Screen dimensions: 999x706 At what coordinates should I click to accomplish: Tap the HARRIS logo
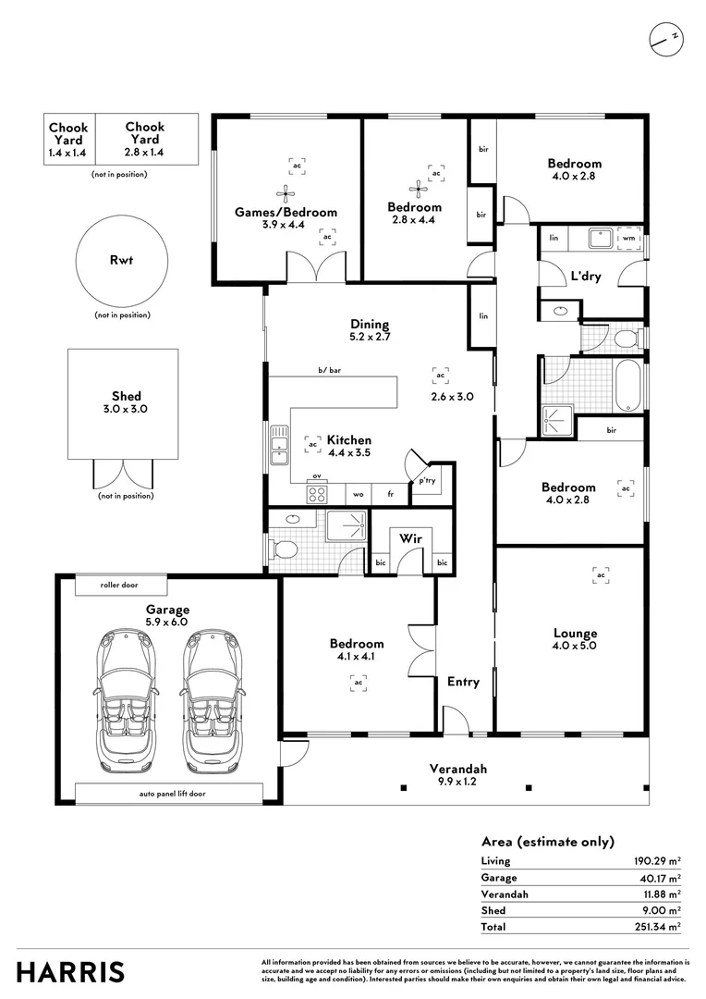tap(71, 972)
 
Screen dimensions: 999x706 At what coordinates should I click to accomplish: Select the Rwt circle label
tap(121, 260)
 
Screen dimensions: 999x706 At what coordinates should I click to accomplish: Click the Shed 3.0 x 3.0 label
tap(122, 402)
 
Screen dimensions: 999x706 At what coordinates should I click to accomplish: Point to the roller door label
tap(121, 585)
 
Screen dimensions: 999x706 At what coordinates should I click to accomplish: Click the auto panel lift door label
tap(168, 794)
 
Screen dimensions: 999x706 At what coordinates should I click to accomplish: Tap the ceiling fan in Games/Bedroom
tap(286, 192)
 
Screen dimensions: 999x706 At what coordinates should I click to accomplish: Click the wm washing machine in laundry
tap(629, 238)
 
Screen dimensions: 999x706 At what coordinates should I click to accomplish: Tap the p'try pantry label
tap(427, 481)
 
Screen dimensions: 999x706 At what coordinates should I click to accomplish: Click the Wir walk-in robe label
tap(410, 538)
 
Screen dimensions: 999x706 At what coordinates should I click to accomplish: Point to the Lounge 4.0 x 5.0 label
tap(575, 639)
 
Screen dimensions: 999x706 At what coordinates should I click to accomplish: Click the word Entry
tap(463, 682)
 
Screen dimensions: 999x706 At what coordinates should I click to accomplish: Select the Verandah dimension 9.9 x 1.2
tap(457, 782)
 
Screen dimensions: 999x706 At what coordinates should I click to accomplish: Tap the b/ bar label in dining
tap(329, 371)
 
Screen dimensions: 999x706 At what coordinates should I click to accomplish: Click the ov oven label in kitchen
tap(316, 476)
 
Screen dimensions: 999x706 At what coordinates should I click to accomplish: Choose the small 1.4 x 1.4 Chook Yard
tap(68, 140)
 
